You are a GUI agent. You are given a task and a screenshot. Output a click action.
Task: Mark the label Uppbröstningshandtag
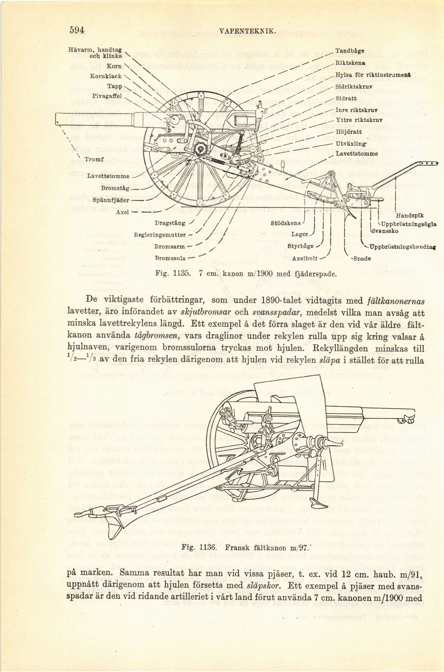click(x=402, y=247)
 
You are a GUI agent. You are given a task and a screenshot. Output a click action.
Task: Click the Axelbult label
click(x=305, y=258)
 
